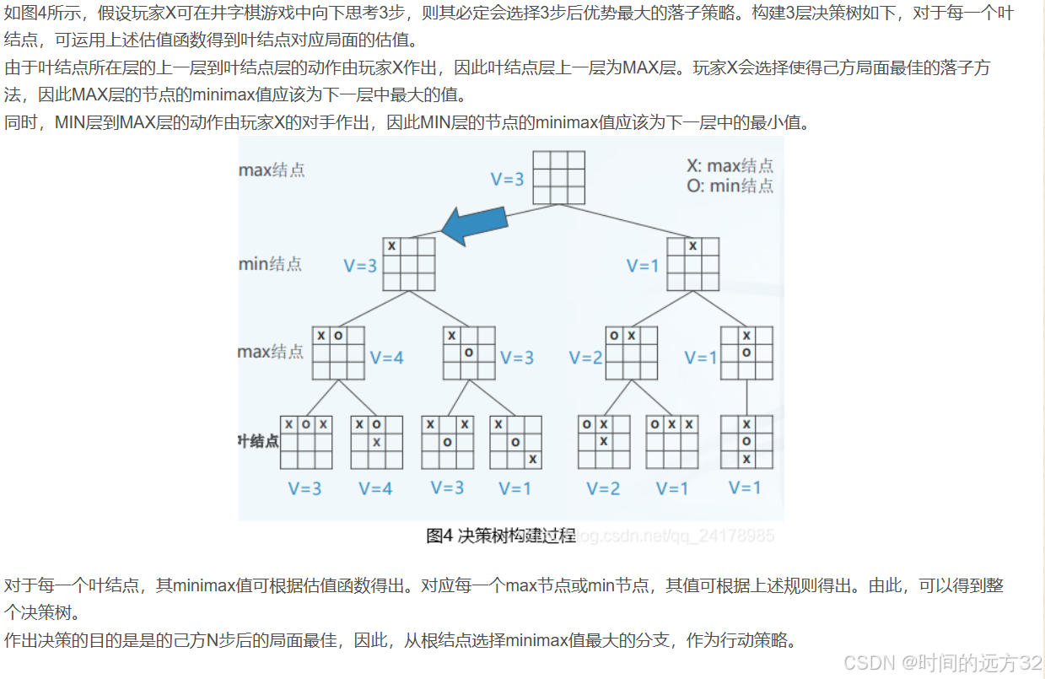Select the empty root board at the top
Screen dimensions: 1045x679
point(559,178)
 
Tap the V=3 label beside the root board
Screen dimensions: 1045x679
point(508,179)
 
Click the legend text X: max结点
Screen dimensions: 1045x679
point(730,166)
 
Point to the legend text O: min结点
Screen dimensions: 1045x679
point(730,186)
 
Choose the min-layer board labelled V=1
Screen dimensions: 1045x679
point(693,263)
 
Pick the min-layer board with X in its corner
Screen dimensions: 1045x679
point(409,263)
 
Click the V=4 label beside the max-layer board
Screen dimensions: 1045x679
point(386,358)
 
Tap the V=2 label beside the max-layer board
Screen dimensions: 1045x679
point(586,358)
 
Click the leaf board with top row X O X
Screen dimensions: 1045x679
point(306,442)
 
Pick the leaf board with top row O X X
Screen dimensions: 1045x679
point(672,442)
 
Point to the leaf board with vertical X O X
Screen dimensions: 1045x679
point(746,442)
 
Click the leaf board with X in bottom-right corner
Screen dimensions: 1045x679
point(515,442)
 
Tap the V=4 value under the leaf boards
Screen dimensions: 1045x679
point(375,488)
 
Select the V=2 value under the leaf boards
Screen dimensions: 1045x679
point(603,488)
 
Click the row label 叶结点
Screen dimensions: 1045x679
point(258,440)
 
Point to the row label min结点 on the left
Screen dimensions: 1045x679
point(270,264)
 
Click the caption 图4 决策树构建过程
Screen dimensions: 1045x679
point(501,535)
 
